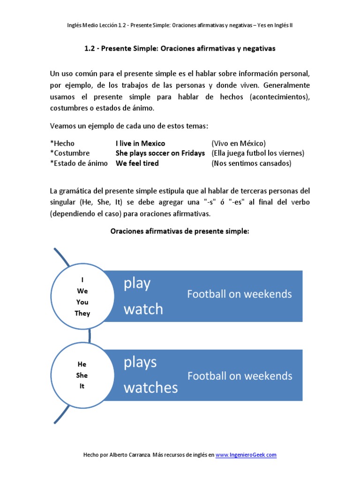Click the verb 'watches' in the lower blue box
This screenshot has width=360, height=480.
150,387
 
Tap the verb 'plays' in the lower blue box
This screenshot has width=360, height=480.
140,362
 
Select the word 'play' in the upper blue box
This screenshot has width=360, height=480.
137,284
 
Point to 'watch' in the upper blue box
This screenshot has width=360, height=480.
143,309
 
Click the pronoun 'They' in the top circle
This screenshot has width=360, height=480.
82,313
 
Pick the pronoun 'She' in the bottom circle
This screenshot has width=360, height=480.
82,375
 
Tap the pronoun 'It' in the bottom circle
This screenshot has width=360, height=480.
82,387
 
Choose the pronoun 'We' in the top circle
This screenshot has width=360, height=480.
82,291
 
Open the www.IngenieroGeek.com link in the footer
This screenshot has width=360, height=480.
246,455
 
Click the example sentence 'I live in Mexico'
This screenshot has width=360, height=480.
140,143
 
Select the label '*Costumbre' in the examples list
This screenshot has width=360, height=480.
70,153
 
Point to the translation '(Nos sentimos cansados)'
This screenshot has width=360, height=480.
251,163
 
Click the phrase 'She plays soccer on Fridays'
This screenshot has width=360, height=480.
160,153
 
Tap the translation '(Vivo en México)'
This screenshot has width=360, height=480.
239,143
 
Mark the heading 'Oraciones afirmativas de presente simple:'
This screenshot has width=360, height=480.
180,231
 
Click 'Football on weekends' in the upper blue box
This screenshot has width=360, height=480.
240,294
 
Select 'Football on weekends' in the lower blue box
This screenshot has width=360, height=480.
240,376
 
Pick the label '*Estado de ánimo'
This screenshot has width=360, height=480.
79,163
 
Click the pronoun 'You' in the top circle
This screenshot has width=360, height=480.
82,302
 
